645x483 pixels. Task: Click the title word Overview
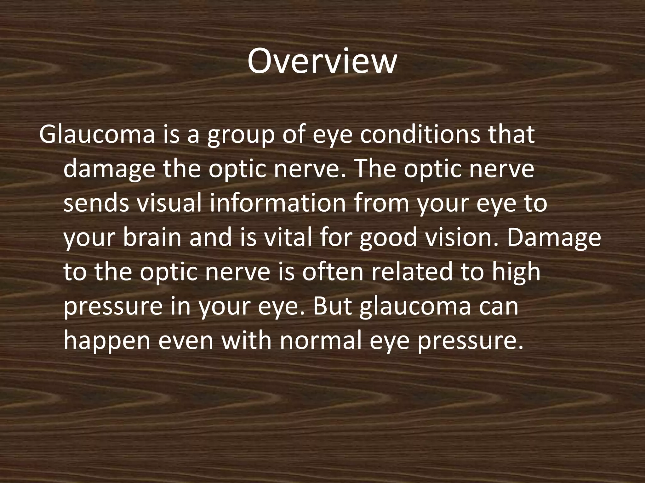[322, 61]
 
